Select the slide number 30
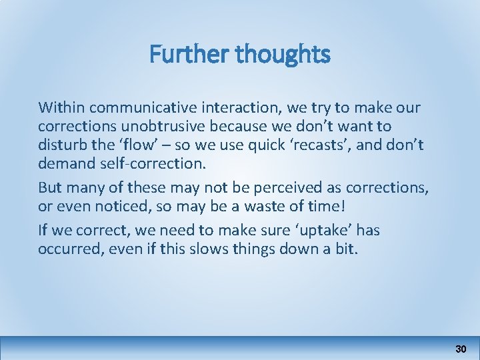(461, 349)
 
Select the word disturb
(62, 144)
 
